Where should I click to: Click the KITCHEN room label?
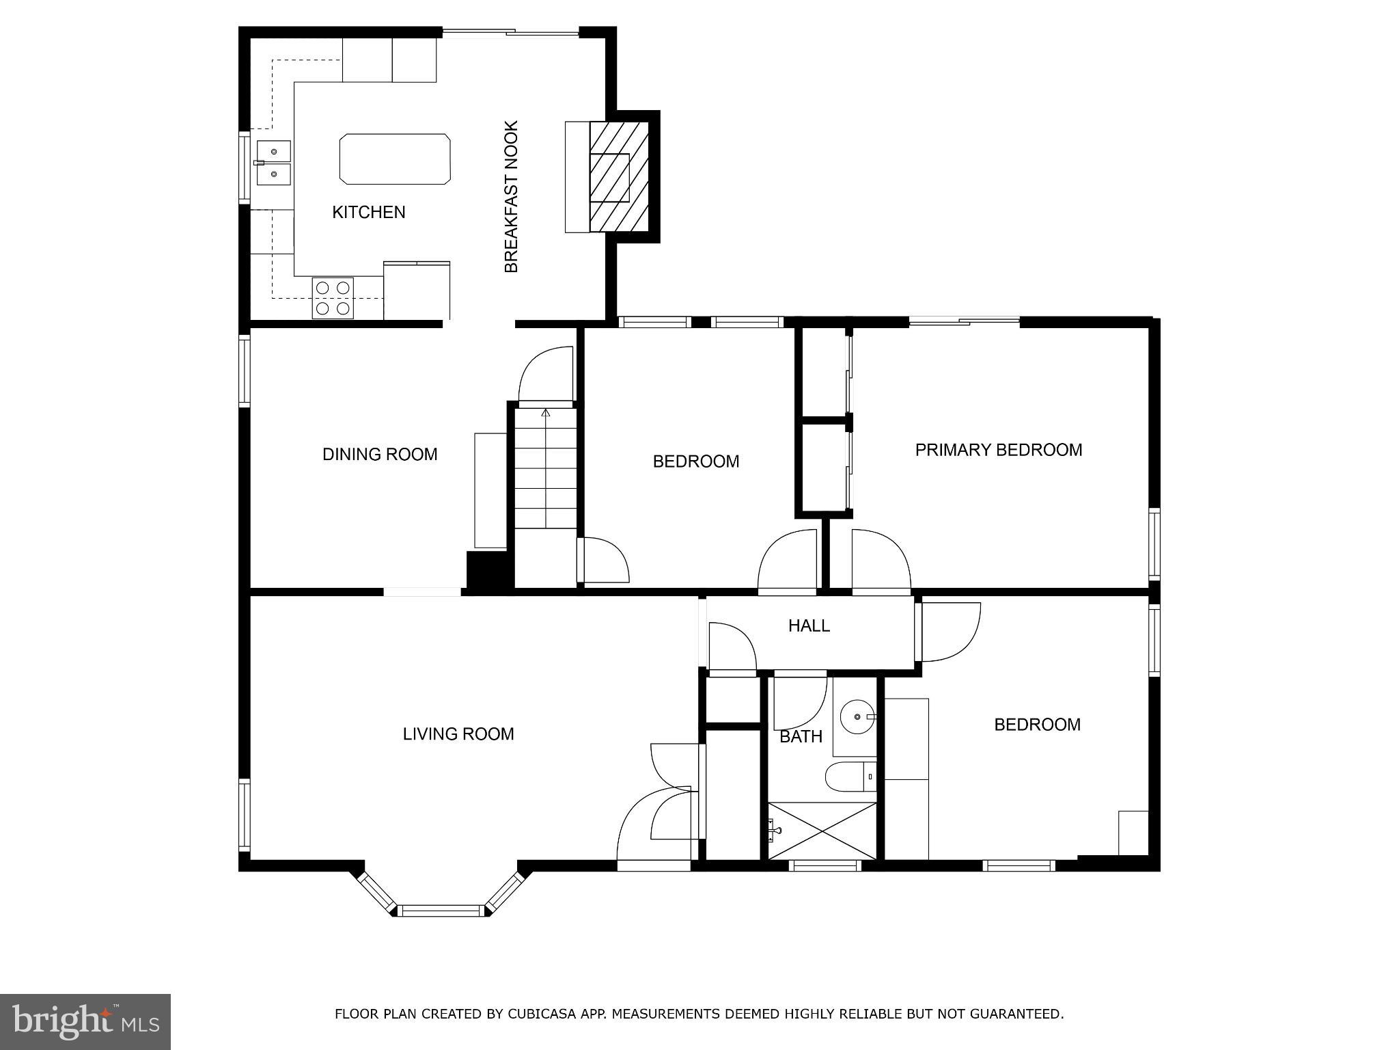click(368, 213)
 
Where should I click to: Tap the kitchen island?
click(395, 159)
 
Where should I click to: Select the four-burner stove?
click(333, 298)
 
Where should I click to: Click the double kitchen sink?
click(273, 163)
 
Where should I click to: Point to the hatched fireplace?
click(618, 177)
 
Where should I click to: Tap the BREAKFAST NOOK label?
click(512, 197)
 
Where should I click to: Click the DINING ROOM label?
click(380, 455)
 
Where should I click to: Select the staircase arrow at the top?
click(545, 413)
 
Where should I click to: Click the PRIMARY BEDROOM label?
click(998, 450)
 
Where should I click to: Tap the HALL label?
click(809, 625)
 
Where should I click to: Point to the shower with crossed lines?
click(822, 831)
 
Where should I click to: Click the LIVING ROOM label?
click(458, 734)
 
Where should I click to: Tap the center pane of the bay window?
click(441, 910)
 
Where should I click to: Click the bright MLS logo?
click(85, 1021)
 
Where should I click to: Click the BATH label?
click(801, 737)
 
